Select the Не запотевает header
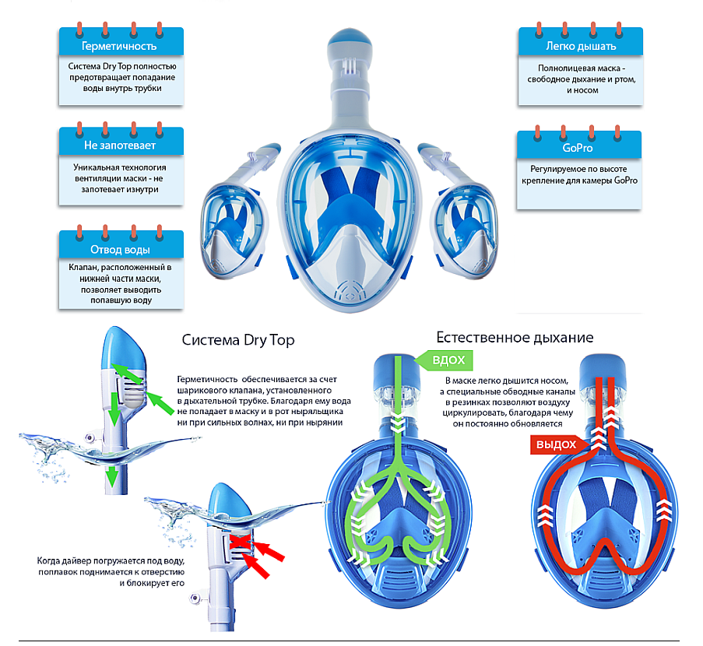click(x=121, y=146)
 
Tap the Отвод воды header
click(x=121, y=250)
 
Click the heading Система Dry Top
click(x=238, y=340)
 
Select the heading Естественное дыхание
click(x=515, y=337)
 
